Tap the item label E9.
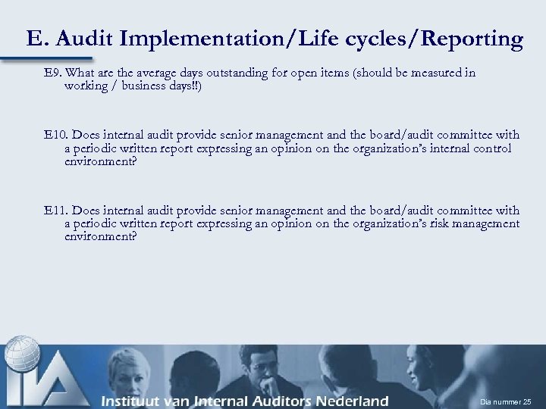pos(52,73)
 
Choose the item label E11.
pos(55,210)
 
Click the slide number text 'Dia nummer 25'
pos(506,401)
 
